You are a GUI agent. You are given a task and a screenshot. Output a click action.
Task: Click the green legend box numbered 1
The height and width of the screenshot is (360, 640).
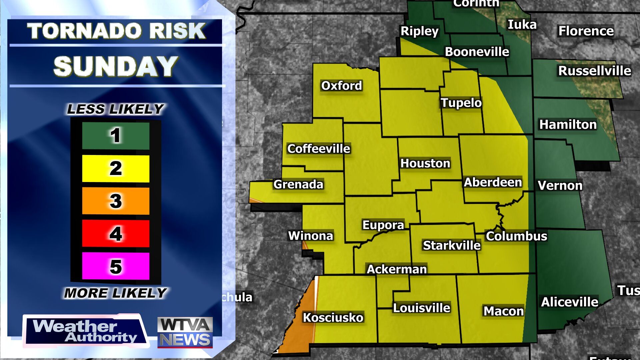[x=116, y=136]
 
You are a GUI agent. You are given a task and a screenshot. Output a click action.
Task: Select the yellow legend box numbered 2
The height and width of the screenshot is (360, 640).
[x=116, y=168]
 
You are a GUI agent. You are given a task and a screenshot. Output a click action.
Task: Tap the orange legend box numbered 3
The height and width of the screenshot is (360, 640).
[x=116, y=201]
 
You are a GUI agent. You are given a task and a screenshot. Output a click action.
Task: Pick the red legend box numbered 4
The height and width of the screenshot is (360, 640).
[x=116, y=233]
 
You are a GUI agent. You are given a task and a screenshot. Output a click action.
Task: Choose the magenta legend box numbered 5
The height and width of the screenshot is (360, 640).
[x=116, y=266]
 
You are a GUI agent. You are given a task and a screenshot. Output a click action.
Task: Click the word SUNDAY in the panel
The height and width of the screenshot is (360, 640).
[x=116, y=66]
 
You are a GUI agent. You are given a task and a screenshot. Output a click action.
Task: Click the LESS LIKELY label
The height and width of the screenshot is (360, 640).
[x=115, y=109]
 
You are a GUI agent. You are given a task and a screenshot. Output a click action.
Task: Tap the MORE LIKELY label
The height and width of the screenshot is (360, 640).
[x=115, y=293]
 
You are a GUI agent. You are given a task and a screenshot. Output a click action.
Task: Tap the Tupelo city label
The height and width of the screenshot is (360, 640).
[x=461, y=103]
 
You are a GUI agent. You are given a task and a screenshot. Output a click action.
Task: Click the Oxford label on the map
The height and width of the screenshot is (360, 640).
[x=341, y=86]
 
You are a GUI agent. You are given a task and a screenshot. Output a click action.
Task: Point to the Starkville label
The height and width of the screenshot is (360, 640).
[x=452, y=245]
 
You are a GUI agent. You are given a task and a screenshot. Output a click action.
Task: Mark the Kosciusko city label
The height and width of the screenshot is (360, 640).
[x=333, y=317]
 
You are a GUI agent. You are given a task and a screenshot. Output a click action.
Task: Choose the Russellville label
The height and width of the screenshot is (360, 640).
[x=595, y=71]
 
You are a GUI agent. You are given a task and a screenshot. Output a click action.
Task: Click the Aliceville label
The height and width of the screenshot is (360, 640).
[x=570, y=302]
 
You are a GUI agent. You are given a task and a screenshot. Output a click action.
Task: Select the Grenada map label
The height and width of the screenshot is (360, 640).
[x=298, y=184]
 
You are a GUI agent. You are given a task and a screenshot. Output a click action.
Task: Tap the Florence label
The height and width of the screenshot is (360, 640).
[x=586, y=31]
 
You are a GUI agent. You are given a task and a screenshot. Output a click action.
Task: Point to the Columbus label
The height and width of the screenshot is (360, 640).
[x=516, y=236]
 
